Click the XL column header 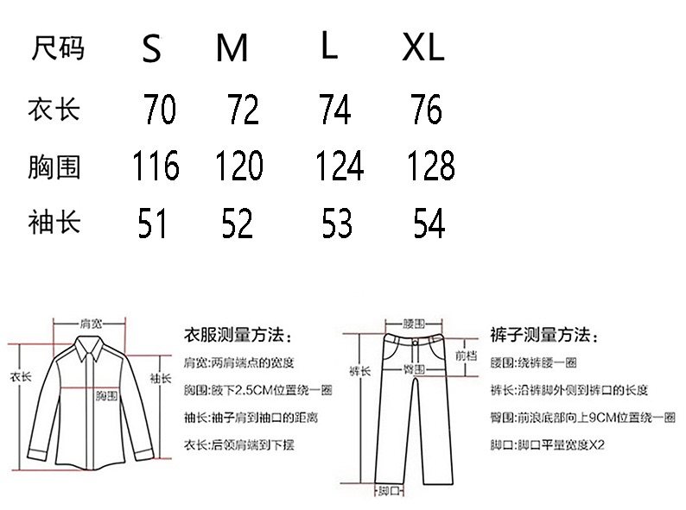(x=423, y=49)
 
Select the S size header (x=152, y=51)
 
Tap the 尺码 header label (x=58, y=48)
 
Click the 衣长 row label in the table (x=54, y=110)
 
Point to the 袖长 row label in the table (x=54, y=223)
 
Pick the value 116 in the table (x=156, y=166)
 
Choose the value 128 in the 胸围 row (x=429, y=166)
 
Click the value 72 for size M (x=243, y=110)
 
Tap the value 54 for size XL (x=429, y=224)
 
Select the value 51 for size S (x=152, y=224)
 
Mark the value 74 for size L (x=334, y=110)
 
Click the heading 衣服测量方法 (x=238, y=335)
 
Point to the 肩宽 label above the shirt (x=91, y=324)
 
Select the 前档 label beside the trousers (x=466, y=354)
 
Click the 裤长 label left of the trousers (x=359, y=371)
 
